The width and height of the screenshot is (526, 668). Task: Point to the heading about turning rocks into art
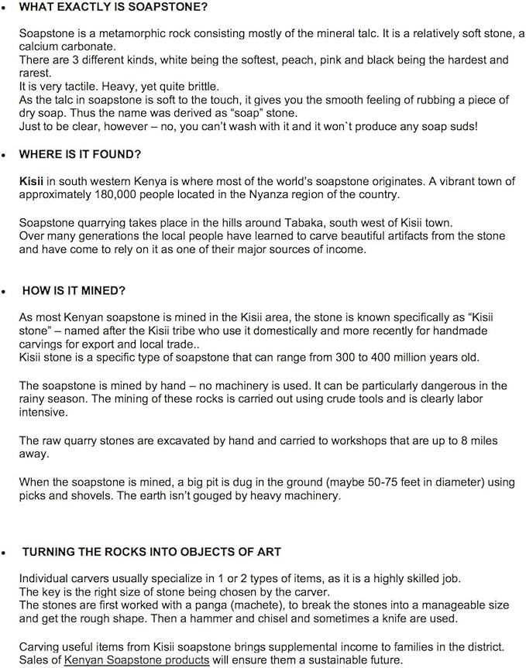tap(151, 551)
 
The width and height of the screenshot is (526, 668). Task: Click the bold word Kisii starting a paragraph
tap(32, 181)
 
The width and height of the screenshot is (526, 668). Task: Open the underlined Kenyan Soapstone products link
tap(136, 659)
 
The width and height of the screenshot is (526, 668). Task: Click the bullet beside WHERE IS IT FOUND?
tap(5, 155)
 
